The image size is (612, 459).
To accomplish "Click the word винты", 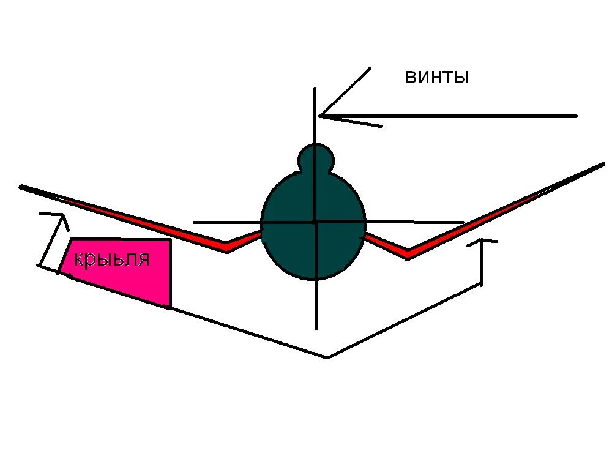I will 436,78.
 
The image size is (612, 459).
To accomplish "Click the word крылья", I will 112,259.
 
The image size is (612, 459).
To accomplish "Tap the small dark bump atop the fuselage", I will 315,158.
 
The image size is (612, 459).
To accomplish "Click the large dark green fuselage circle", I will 288,245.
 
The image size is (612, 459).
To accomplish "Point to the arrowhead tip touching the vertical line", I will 320,115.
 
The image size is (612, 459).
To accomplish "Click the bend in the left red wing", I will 227,247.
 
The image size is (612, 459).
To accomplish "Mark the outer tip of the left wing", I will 21,186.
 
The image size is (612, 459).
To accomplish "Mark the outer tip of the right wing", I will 603,164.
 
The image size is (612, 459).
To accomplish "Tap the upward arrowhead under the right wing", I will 482,241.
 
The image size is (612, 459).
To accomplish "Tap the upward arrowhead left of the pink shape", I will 60,215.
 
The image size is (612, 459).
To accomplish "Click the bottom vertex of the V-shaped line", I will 328,357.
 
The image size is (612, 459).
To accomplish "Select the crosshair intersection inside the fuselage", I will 315,222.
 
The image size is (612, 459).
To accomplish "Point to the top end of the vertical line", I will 315,89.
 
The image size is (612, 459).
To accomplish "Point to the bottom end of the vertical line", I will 316,327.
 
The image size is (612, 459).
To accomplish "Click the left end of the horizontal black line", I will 194,222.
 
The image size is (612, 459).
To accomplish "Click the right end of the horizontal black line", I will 463,222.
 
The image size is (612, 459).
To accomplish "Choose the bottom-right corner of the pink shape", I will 170,306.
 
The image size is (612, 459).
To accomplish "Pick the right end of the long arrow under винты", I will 577,115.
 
